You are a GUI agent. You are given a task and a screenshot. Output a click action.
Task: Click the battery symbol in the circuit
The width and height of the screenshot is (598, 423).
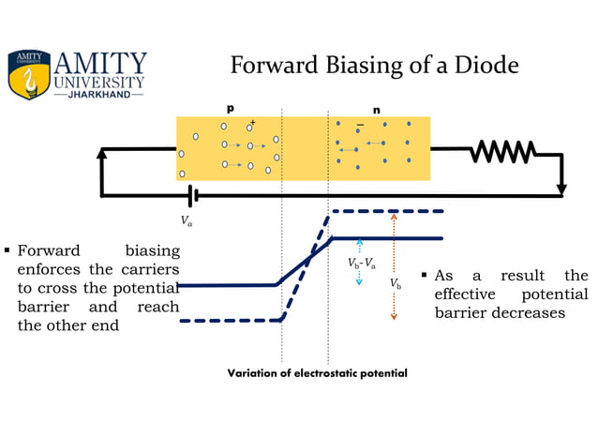(191, 195)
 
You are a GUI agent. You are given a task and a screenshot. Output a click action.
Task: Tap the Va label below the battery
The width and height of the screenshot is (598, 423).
(187, 221)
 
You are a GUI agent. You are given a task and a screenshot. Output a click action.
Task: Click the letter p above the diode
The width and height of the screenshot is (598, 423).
(231, 109)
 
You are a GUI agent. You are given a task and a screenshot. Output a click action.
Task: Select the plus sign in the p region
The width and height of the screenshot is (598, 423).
(252, 122)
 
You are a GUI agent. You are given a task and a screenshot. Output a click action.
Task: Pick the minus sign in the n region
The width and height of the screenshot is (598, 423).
(360, 125)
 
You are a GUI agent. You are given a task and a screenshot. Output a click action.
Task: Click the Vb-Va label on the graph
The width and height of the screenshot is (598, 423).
(361, 264)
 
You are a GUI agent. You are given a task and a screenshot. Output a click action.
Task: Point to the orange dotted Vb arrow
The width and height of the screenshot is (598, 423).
(394, 267)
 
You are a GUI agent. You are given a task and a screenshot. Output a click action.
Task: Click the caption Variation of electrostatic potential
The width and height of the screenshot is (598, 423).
(318, 373)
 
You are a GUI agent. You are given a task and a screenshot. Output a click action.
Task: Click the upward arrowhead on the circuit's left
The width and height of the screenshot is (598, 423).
(102, 153)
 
